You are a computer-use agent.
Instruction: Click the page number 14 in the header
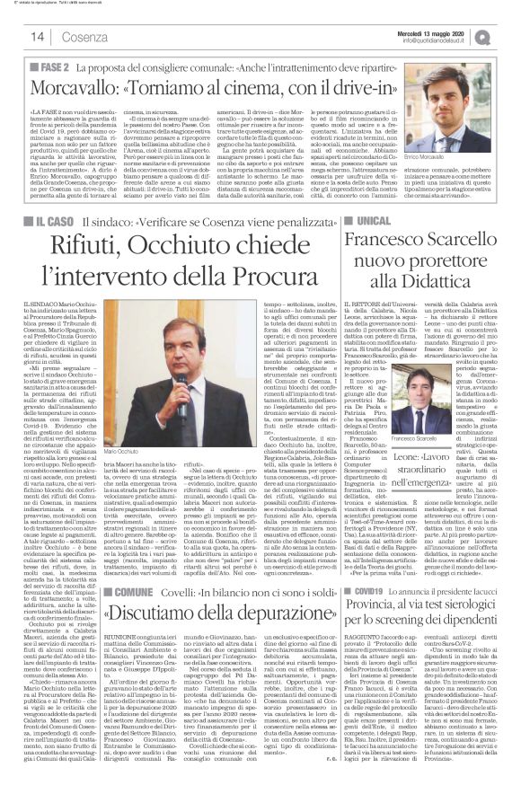38,36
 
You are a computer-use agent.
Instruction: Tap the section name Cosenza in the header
84,36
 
